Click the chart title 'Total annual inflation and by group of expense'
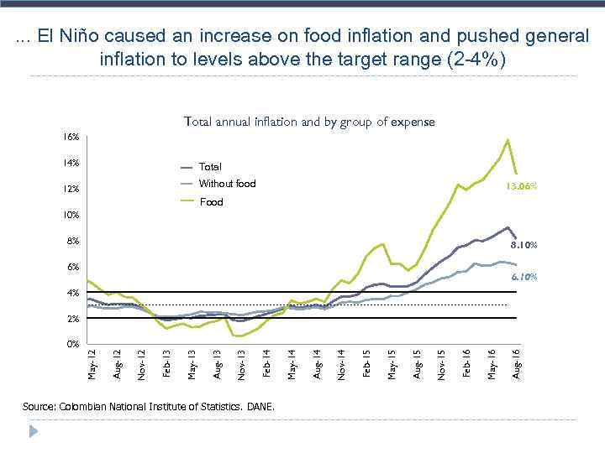click(309, 122)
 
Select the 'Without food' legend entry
click(227, 184)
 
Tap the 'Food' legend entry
click(211, 202)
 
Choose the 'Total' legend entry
click(210, 167)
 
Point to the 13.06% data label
click(521, 186)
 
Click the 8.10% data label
click(523, 246)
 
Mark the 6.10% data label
click(523, 276)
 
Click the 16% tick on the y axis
click(71, 137)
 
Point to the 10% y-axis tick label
click(71, 215)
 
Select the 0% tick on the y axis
click(73, 345)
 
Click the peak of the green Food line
click(508, 139)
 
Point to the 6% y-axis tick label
click(73, 267)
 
